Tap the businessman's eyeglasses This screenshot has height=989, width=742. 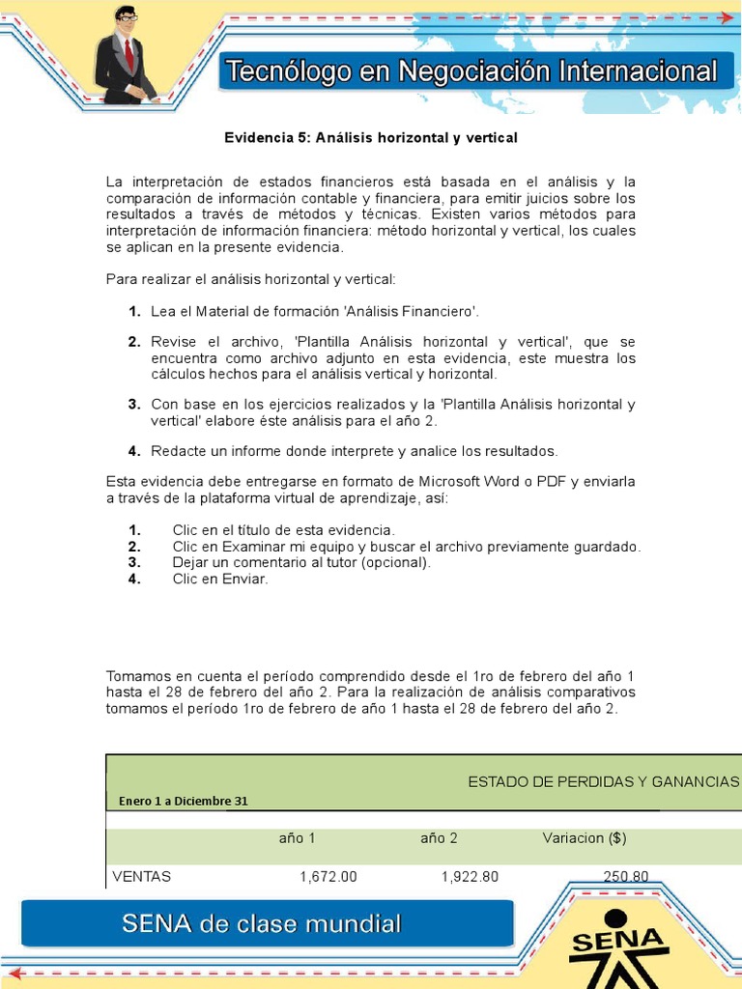tap(127, 17)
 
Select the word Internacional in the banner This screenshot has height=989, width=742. tap(637, 71)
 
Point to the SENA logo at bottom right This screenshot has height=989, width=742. tap(618, 947)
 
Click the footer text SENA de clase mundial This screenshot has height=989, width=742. tap(261, 924)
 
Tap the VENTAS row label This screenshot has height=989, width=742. tap(142, 877)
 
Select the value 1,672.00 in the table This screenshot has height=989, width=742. tap(328, 877)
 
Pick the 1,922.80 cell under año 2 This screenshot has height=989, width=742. tap(470, 877)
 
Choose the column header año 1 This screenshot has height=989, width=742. tap(297, 838)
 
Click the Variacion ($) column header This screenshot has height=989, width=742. tap(585, 838)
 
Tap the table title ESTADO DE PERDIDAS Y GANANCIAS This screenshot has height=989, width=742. tap(603, 781)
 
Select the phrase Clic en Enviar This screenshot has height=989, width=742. tap(219, 579)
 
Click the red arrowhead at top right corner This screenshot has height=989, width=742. tap(726, 17)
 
